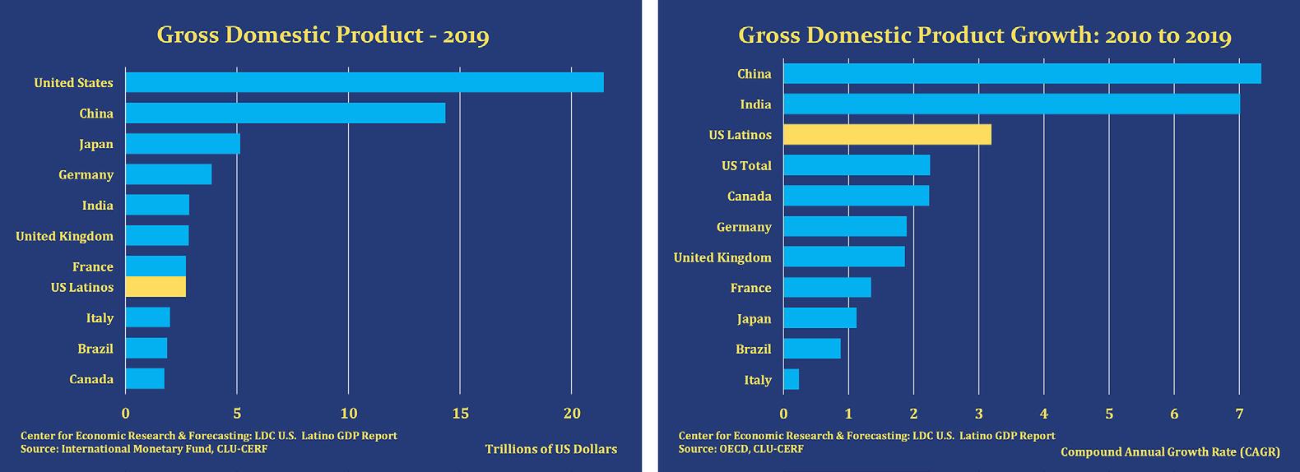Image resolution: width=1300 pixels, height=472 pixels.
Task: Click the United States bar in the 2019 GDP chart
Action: coord(364,82)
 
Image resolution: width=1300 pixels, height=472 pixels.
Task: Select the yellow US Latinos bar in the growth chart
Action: coord(887,134)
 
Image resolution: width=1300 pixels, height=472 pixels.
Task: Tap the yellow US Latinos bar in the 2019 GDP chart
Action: coord(156,287)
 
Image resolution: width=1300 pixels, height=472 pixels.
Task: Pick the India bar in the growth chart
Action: coord(1011,104)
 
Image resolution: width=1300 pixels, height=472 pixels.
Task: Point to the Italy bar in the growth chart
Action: coord(791,379)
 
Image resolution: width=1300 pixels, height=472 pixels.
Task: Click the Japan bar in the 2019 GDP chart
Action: coord(183,144)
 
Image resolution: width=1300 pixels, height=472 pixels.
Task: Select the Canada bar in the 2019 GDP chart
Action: coord(145,378)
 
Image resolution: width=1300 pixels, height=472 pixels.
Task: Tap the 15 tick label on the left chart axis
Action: coord(460,414)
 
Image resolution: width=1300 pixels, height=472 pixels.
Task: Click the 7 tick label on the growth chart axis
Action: coord(1239,414)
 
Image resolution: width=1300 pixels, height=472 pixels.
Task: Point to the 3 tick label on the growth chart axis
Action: coord(979,414)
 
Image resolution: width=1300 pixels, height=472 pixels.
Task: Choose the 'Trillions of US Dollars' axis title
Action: coord(550,449)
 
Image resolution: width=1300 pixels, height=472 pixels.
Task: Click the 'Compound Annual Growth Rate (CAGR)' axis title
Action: coord(1170,452)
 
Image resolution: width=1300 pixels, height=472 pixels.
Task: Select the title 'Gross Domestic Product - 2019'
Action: coord(323,35)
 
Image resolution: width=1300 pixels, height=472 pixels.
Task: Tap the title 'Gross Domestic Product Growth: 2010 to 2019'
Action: coord(984,35)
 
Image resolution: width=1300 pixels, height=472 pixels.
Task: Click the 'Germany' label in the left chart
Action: coord(86,174)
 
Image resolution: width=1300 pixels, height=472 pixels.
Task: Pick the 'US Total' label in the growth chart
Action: coord(746,165)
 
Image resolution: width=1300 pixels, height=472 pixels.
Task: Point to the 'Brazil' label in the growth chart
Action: coord(753,349)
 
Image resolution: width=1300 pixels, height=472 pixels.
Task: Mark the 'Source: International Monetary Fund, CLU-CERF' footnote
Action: coord(144,449)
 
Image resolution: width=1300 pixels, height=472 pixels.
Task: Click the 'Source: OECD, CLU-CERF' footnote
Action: coord(741,449)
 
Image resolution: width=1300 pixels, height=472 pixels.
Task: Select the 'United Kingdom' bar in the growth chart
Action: coord(843,257)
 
